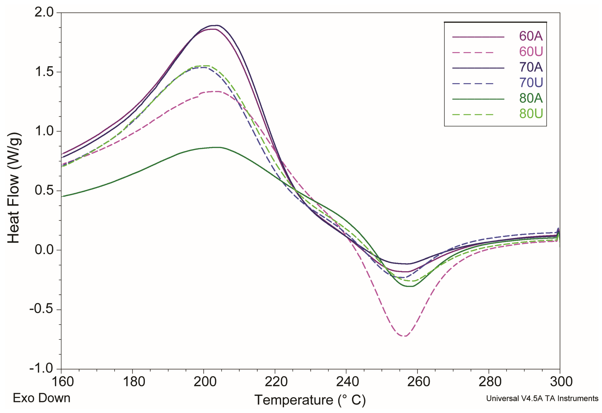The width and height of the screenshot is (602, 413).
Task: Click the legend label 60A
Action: point(531,36)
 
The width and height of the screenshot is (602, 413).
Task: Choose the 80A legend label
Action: point(531,98)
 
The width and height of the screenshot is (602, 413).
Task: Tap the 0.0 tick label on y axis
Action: point(44,250)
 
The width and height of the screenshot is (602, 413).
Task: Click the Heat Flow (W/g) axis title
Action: point(13,188)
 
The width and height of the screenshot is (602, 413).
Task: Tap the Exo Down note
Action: point(42,398)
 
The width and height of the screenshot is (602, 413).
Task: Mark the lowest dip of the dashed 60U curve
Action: point(405,336)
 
